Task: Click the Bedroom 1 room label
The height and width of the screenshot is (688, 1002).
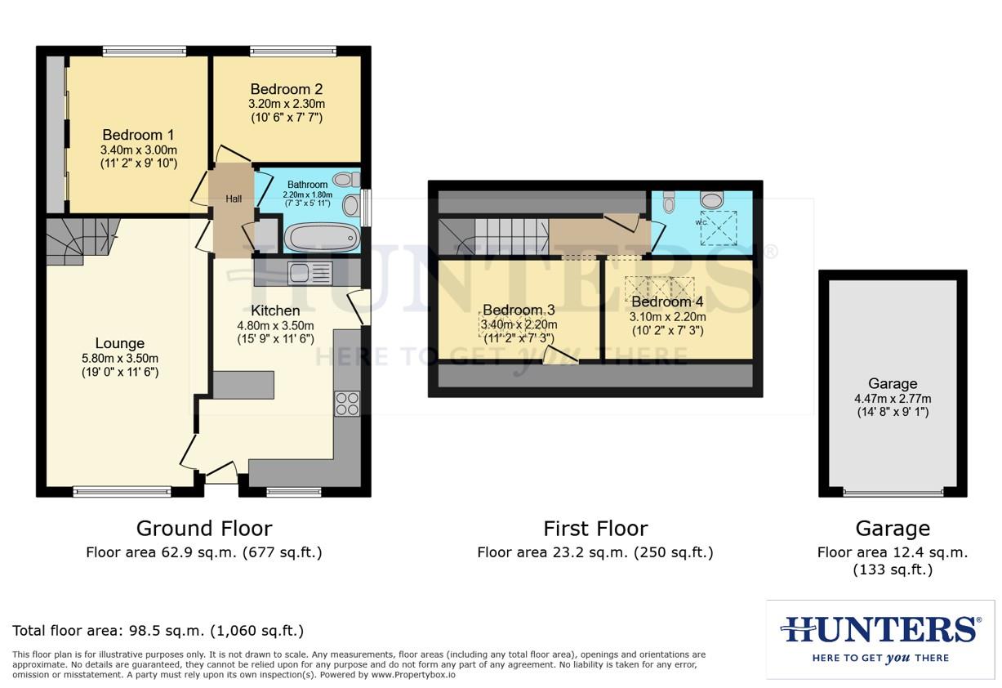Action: click(x=138, y=135)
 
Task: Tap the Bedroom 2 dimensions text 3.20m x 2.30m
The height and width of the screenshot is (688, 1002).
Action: click(x=286, y=104)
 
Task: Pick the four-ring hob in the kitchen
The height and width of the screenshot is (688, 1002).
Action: click(x=347, y=403)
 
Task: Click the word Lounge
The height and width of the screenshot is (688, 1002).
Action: click(x=119, y=343)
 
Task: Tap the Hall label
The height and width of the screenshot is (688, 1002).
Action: click(x=234, y=199)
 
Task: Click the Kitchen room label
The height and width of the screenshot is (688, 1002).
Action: click(x=274, y=310)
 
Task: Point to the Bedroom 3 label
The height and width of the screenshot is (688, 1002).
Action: click(x=519, y=310)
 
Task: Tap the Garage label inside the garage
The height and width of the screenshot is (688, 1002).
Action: click(x=893, y=383)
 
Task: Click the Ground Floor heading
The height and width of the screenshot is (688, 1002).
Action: click(x=203, y=528)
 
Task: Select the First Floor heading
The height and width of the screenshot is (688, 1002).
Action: click(x=595, y=528)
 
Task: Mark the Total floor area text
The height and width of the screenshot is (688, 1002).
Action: click(x=158, y=630)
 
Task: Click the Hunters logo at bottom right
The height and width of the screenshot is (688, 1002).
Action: click(x=880, y=638)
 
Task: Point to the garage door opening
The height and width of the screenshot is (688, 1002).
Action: click(x=893, y=492)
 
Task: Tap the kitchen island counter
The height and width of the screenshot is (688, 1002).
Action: click(x=243, y=384)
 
